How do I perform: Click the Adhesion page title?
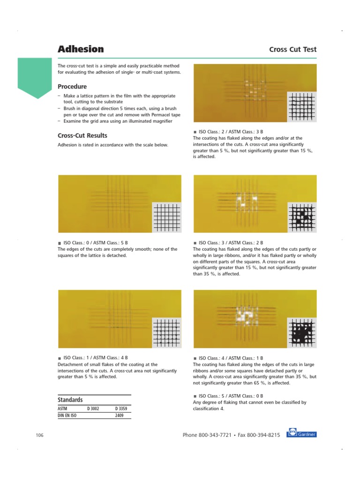pyautogui.click(x=81, y=49)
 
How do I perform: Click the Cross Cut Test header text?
pyautogui.click(x=292, y=50)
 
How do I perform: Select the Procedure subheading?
pyautogui.click(x=72, y=87)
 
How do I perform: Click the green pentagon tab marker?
pyautogui.click(x=34, y=77)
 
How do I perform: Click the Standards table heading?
pyautogui.click(x=70, y=400)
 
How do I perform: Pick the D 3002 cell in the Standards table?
pyautogui.click(x=94, y=409)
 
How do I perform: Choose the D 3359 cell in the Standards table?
pyautogui.click(x=120, y=409)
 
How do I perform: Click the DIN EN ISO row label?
pyautogui.click(x=67, y=415)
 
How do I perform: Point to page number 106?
pyautogui.click(x=39, y=435)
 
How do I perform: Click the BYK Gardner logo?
pyautogui.click(x=301, y=434)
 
